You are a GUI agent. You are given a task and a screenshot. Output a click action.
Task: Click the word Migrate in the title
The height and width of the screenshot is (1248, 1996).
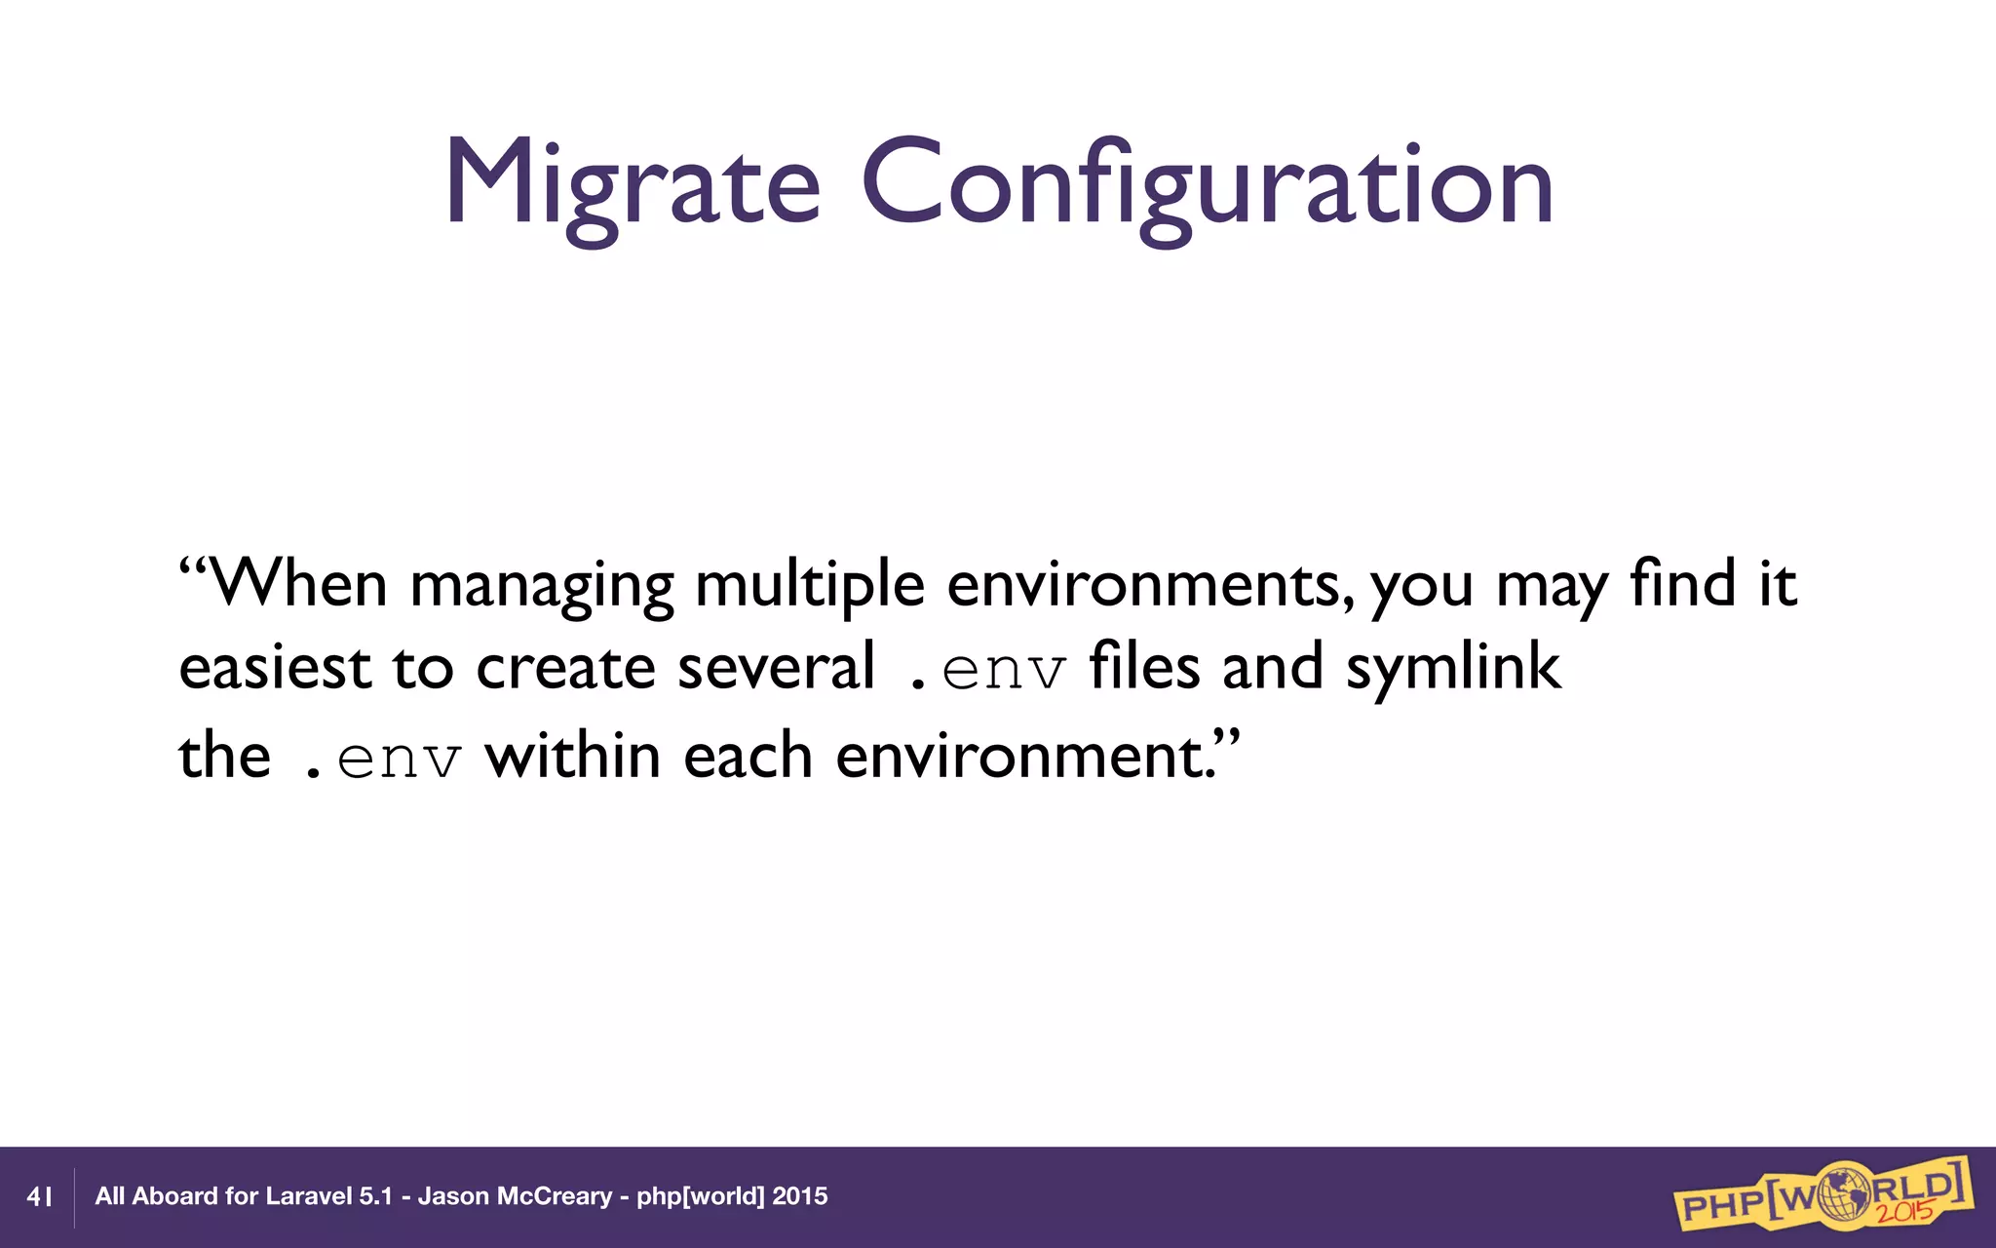pyautogui.click(x=632, y=185)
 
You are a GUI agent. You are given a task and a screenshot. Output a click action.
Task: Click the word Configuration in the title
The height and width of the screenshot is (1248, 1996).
pyautogui.click(x=1207, y=185)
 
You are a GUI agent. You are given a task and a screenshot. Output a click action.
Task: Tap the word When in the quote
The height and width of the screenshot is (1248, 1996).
pyautogui.click(x=298, y=585)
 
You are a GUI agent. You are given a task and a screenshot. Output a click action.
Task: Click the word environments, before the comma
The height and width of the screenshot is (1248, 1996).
pyautogui.click(x=1145, y=585)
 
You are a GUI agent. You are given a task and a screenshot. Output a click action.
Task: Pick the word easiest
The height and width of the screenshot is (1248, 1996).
pyautogui.click(x=275, y=669)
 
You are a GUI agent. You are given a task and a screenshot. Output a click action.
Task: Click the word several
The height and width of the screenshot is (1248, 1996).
pyautogui.click(x=776, y=669)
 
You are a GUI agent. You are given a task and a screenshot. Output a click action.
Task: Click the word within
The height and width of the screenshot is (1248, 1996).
pyautogui.click(x=573, y=756)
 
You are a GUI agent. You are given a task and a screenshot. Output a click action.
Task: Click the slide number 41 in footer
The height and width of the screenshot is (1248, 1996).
pyautogui.click(x=39, y=1196)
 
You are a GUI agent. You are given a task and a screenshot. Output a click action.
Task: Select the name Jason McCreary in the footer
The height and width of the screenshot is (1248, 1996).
pyautogui.click(x=515, y=1196)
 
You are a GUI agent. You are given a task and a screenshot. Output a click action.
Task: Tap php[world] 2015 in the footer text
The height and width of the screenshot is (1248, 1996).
pyautogui.click(x=732, y=1196)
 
